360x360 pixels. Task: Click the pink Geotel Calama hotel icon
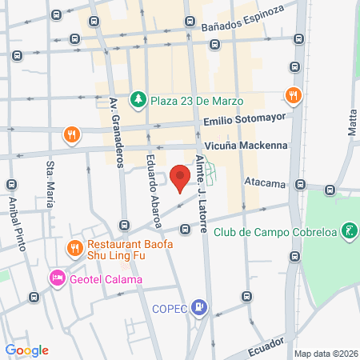click(x=57, y=278)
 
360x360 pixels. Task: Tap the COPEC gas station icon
click(x=201, y=306)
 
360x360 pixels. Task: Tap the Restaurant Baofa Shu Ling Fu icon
click(x=74, y=247)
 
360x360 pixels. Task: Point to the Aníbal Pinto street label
click(x=13, y=226)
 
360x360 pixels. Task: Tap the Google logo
click(x=26, y=350)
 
